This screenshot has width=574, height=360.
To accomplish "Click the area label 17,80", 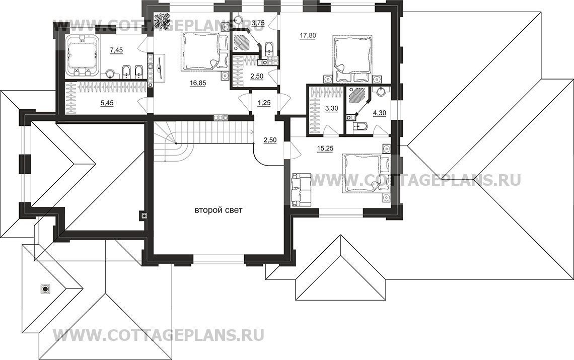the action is point(308,36).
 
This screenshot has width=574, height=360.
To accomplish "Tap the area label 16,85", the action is point(198,83).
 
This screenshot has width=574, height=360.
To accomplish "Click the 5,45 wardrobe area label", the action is point(107,103).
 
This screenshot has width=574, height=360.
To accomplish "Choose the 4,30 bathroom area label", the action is point(379,112).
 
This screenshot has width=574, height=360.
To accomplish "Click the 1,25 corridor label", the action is point(264,103).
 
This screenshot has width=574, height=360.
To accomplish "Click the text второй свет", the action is point(218,210).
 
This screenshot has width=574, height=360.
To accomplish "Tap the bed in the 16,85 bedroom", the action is point(204,52).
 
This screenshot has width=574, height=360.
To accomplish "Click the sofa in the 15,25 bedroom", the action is point(301,189).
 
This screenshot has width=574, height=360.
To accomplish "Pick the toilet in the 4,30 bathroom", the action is point(359,126).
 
